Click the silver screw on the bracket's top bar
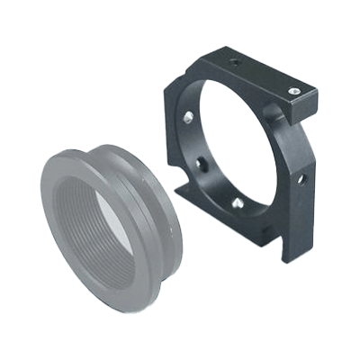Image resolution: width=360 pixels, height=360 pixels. coord(293,90)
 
